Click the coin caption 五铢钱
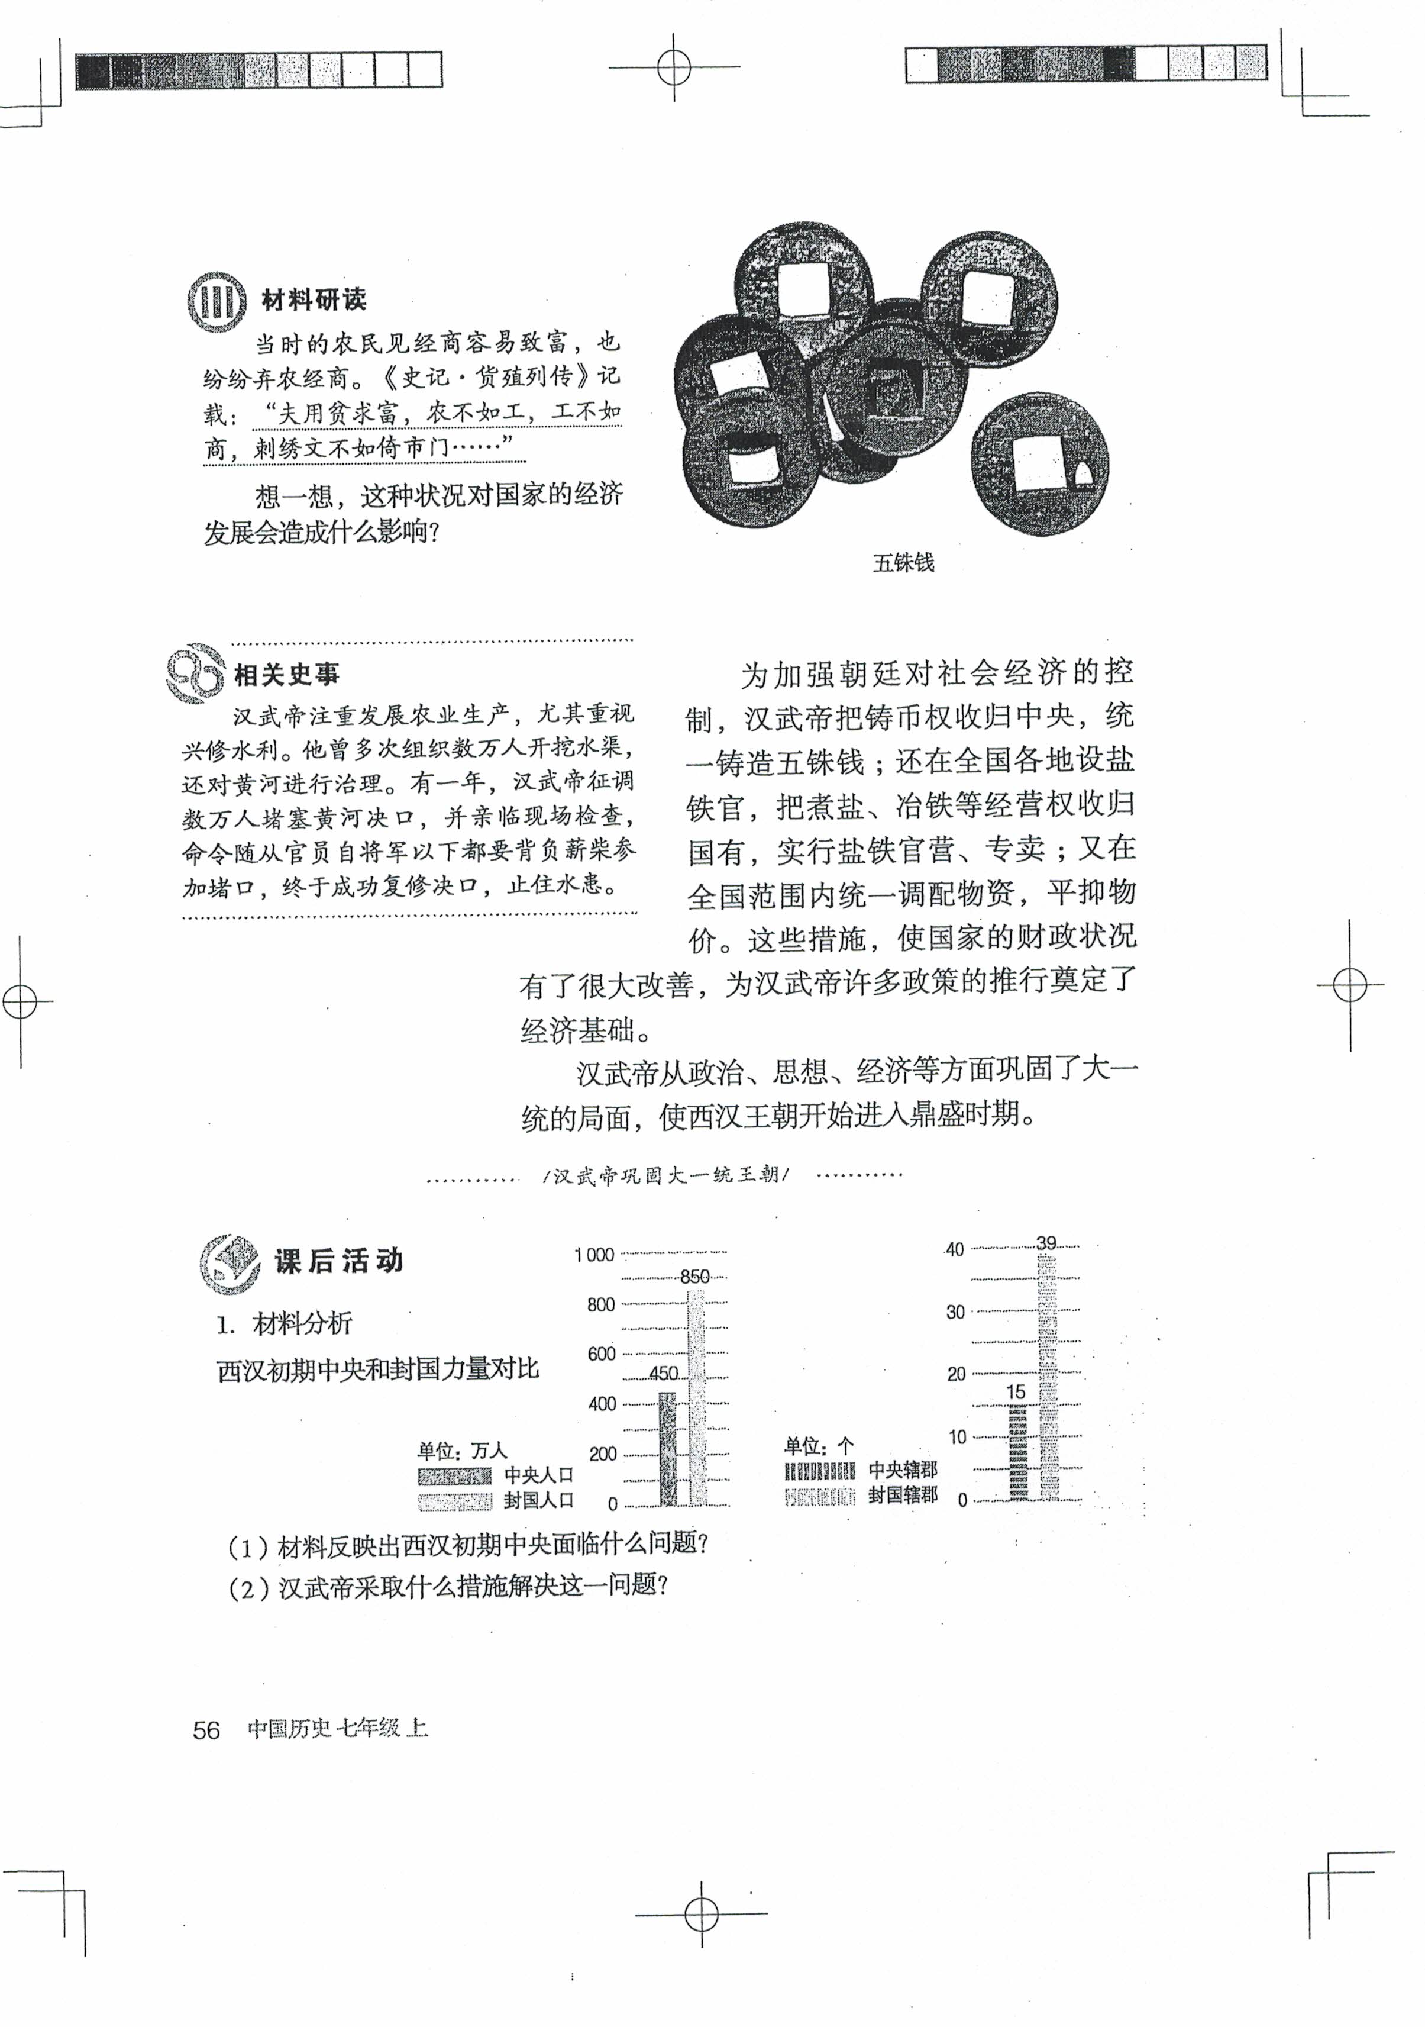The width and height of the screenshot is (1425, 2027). [903, 562]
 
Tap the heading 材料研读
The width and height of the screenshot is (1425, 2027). [314, 300]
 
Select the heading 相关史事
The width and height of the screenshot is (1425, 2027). [287, 675]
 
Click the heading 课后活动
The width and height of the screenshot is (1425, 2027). [339, 1261]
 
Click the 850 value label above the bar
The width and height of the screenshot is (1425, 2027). [695, 1277]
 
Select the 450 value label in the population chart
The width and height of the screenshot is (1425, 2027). [664, 1374]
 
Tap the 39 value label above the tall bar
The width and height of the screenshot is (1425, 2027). [1046, 1243]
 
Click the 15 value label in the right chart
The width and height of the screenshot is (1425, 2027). [1016, 1392]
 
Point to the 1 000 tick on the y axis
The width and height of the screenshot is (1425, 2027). [594, 1255]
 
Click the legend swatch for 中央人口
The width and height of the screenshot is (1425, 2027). [454, 1476]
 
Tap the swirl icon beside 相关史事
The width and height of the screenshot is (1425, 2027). [195, 673]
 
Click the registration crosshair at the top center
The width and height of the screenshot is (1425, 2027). [674, 66]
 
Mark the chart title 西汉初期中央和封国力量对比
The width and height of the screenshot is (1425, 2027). [377, 1370]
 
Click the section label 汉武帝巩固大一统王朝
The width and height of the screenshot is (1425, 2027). [665, 1176]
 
